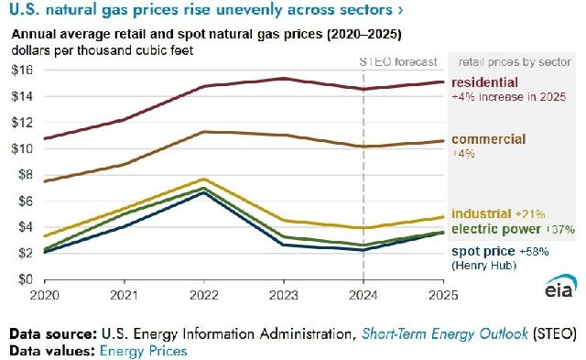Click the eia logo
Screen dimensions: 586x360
(560, 286)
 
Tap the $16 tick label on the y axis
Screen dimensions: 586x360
(22, 70)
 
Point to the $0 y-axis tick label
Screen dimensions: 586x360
(26, 279)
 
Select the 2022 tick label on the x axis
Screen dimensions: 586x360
(203, 295)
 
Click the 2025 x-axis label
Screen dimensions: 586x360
(443, 295)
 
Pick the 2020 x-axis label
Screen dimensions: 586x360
(45, 295)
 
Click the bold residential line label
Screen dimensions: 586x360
(484, 82)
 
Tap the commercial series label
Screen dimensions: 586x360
(488, 139)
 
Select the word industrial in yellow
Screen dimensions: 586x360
(482, 213)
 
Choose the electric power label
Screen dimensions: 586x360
(496, 229)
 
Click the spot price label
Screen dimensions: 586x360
(483, 252)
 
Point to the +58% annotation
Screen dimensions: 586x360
(533, 252)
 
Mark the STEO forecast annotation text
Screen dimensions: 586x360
(398, 61)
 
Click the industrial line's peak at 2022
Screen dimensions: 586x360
(204, 179)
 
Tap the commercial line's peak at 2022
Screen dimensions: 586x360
(204, 132)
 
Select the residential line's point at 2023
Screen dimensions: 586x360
(284, 79)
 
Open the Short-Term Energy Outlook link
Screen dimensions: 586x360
(445, 333)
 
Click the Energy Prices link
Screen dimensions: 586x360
(143, 351)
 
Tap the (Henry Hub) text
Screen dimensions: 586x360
(484, 266)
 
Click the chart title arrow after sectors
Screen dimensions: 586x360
(401, 10)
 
